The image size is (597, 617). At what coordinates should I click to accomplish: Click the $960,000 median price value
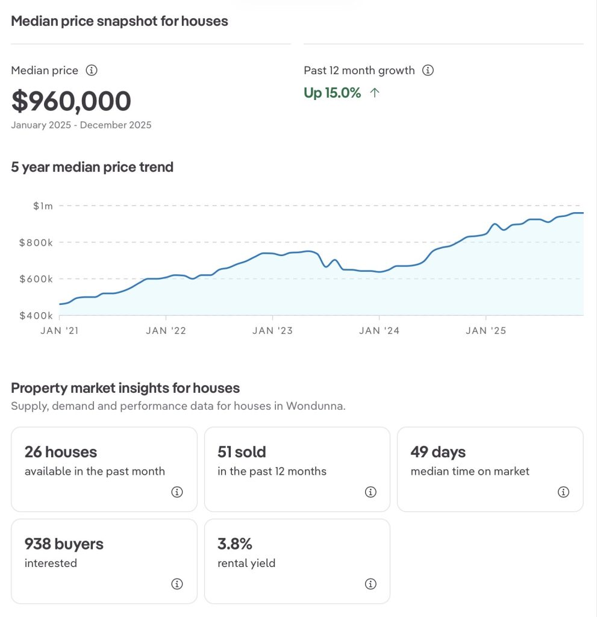tap(71, 101)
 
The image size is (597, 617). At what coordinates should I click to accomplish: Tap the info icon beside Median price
tap(92, 70)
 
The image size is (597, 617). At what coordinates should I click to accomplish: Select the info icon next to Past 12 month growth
tap(428, 70)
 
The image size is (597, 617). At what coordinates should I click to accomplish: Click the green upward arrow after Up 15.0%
tap(375, 93)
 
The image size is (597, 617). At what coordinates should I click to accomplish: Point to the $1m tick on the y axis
tap(43, 206)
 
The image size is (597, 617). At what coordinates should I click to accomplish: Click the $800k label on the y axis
tap(37, 243)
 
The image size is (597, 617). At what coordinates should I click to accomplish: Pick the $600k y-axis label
tap(37, 279)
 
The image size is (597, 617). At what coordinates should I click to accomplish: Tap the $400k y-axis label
tap(37, 316)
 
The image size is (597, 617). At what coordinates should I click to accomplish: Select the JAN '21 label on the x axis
tap(59, 331)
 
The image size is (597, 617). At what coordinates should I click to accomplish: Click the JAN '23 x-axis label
tap(272, 331)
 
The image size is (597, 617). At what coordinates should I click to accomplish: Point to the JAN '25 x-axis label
tap(486, 331)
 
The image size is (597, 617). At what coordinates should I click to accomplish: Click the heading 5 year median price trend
tap(92, 167)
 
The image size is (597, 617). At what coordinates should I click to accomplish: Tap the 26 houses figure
tap(61, 452)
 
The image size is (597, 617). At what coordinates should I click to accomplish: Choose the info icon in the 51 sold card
tap(370, 492)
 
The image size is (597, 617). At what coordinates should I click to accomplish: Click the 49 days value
tap(438, 452)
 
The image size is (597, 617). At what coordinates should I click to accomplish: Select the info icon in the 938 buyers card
tap(177, 584)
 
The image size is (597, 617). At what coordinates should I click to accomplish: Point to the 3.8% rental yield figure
tap(235, 544)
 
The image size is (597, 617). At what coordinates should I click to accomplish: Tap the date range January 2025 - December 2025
tap(81, 125)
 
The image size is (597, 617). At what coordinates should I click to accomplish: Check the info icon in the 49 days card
tap(563, 492)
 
